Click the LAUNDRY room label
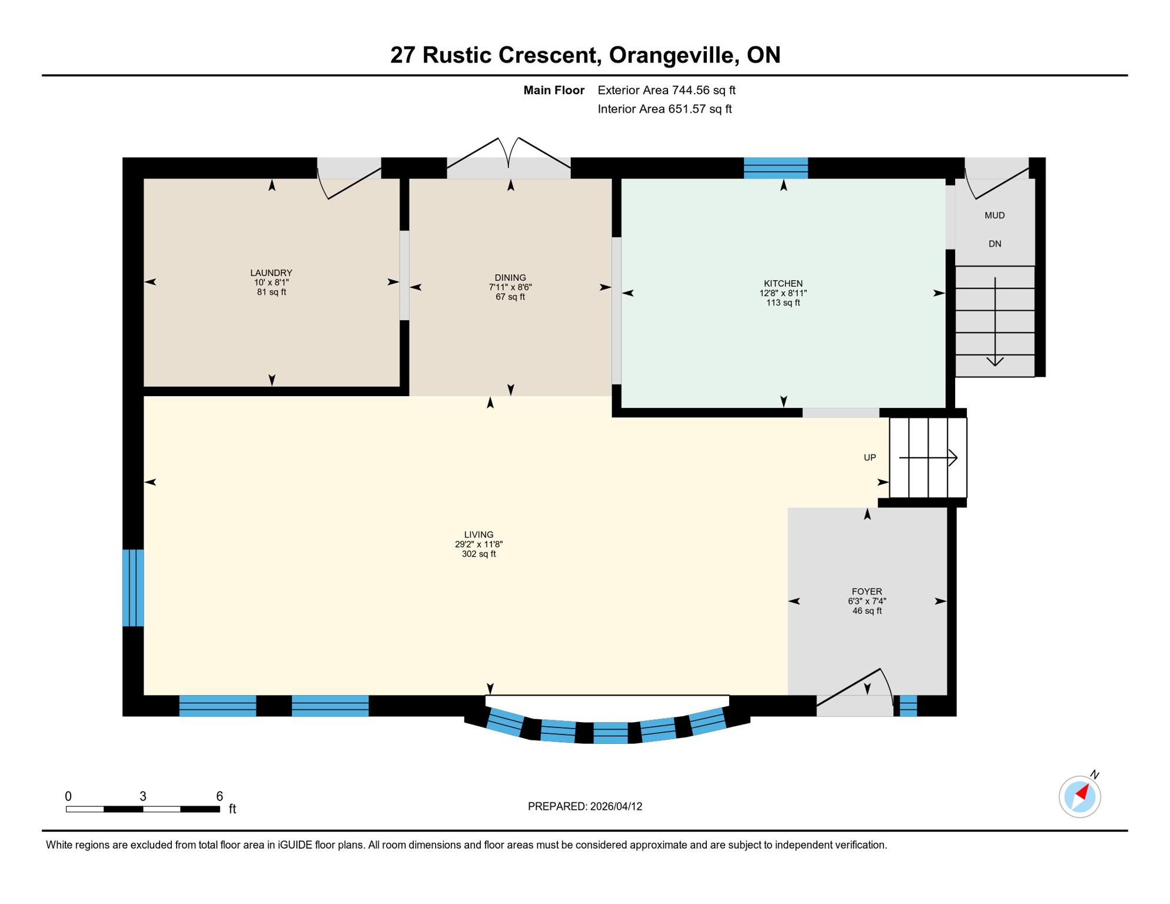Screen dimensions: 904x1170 pyautogui.click(x=271, y=272)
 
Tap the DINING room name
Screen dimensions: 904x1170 pyautogui.click(x=510, y=278)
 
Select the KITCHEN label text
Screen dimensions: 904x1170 pyautogui.click(x=783, y=284)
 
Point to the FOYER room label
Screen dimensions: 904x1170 pyautogui.click(x=867, y=591)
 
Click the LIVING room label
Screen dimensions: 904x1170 pyautogui.click(x=478, y=535)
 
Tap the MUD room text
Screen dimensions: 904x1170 pyautogui.click(x=995, y=215)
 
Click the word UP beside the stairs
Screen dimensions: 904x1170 pyautogui.click(x=870, y=457)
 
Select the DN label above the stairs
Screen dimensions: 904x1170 pyautogui.click(x=995, y=244)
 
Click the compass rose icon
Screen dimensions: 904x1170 pyautogui.click(x=1079, y=797)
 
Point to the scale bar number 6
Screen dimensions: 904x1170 pyautogui.click(x=220, y=796)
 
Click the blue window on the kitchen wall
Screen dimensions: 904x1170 pyautogui.click(x=776, y=168)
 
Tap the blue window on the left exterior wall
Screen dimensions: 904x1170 pyautogui.click(x=133, y=587)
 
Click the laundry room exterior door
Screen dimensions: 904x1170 pyautogui.click(x=350, y=177)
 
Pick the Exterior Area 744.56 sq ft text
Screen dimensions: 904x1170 pyautogui.click(x=666, y=90)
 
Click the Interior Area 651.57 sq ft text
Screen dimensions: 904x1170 pyautogui.click(x=664, y=109)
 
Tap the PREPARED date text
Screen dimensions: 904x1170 pyautogui.click(x=585, y=806)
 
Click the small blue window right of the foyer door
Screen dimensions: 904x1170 pyautogui.click(x=908, y=706)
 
